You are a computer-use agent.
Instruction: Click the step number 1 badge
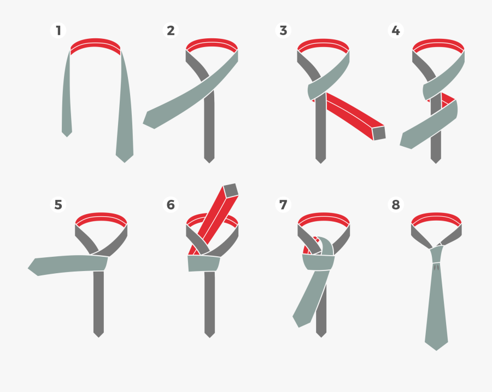(x=58, y=30)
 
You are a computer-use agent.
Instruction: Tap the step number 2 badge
(x=171, y=30)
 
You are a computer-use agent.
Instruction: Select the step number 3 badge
(x=283, y=30)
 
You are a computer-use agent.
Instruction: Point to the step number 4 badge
(x=395, y=30)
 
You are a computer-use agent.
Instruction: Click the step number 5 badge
(x=58, y=205)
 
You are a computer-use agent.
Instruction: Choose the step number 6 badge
(x=171, y=205)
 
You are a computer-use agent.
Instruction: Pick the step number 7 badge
(x=283, y=205)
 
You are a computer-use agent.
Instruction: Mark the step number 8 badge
(x=395, y=205)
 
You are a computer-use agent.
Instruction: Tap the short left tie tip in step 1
(x=67, y=132)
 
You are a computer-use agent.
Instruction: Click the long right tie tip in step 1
(x=125, y=157)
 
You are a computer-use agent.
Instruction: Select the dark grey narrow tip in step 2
(x=209, y=158)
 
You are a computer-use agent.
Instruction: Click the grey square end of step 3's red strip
(x=379, y=133)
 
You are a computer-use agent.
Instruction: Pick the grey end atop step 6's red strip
(x=231, y=190)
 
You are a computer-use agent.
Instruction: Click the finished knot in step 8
(x=437, y=254)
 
